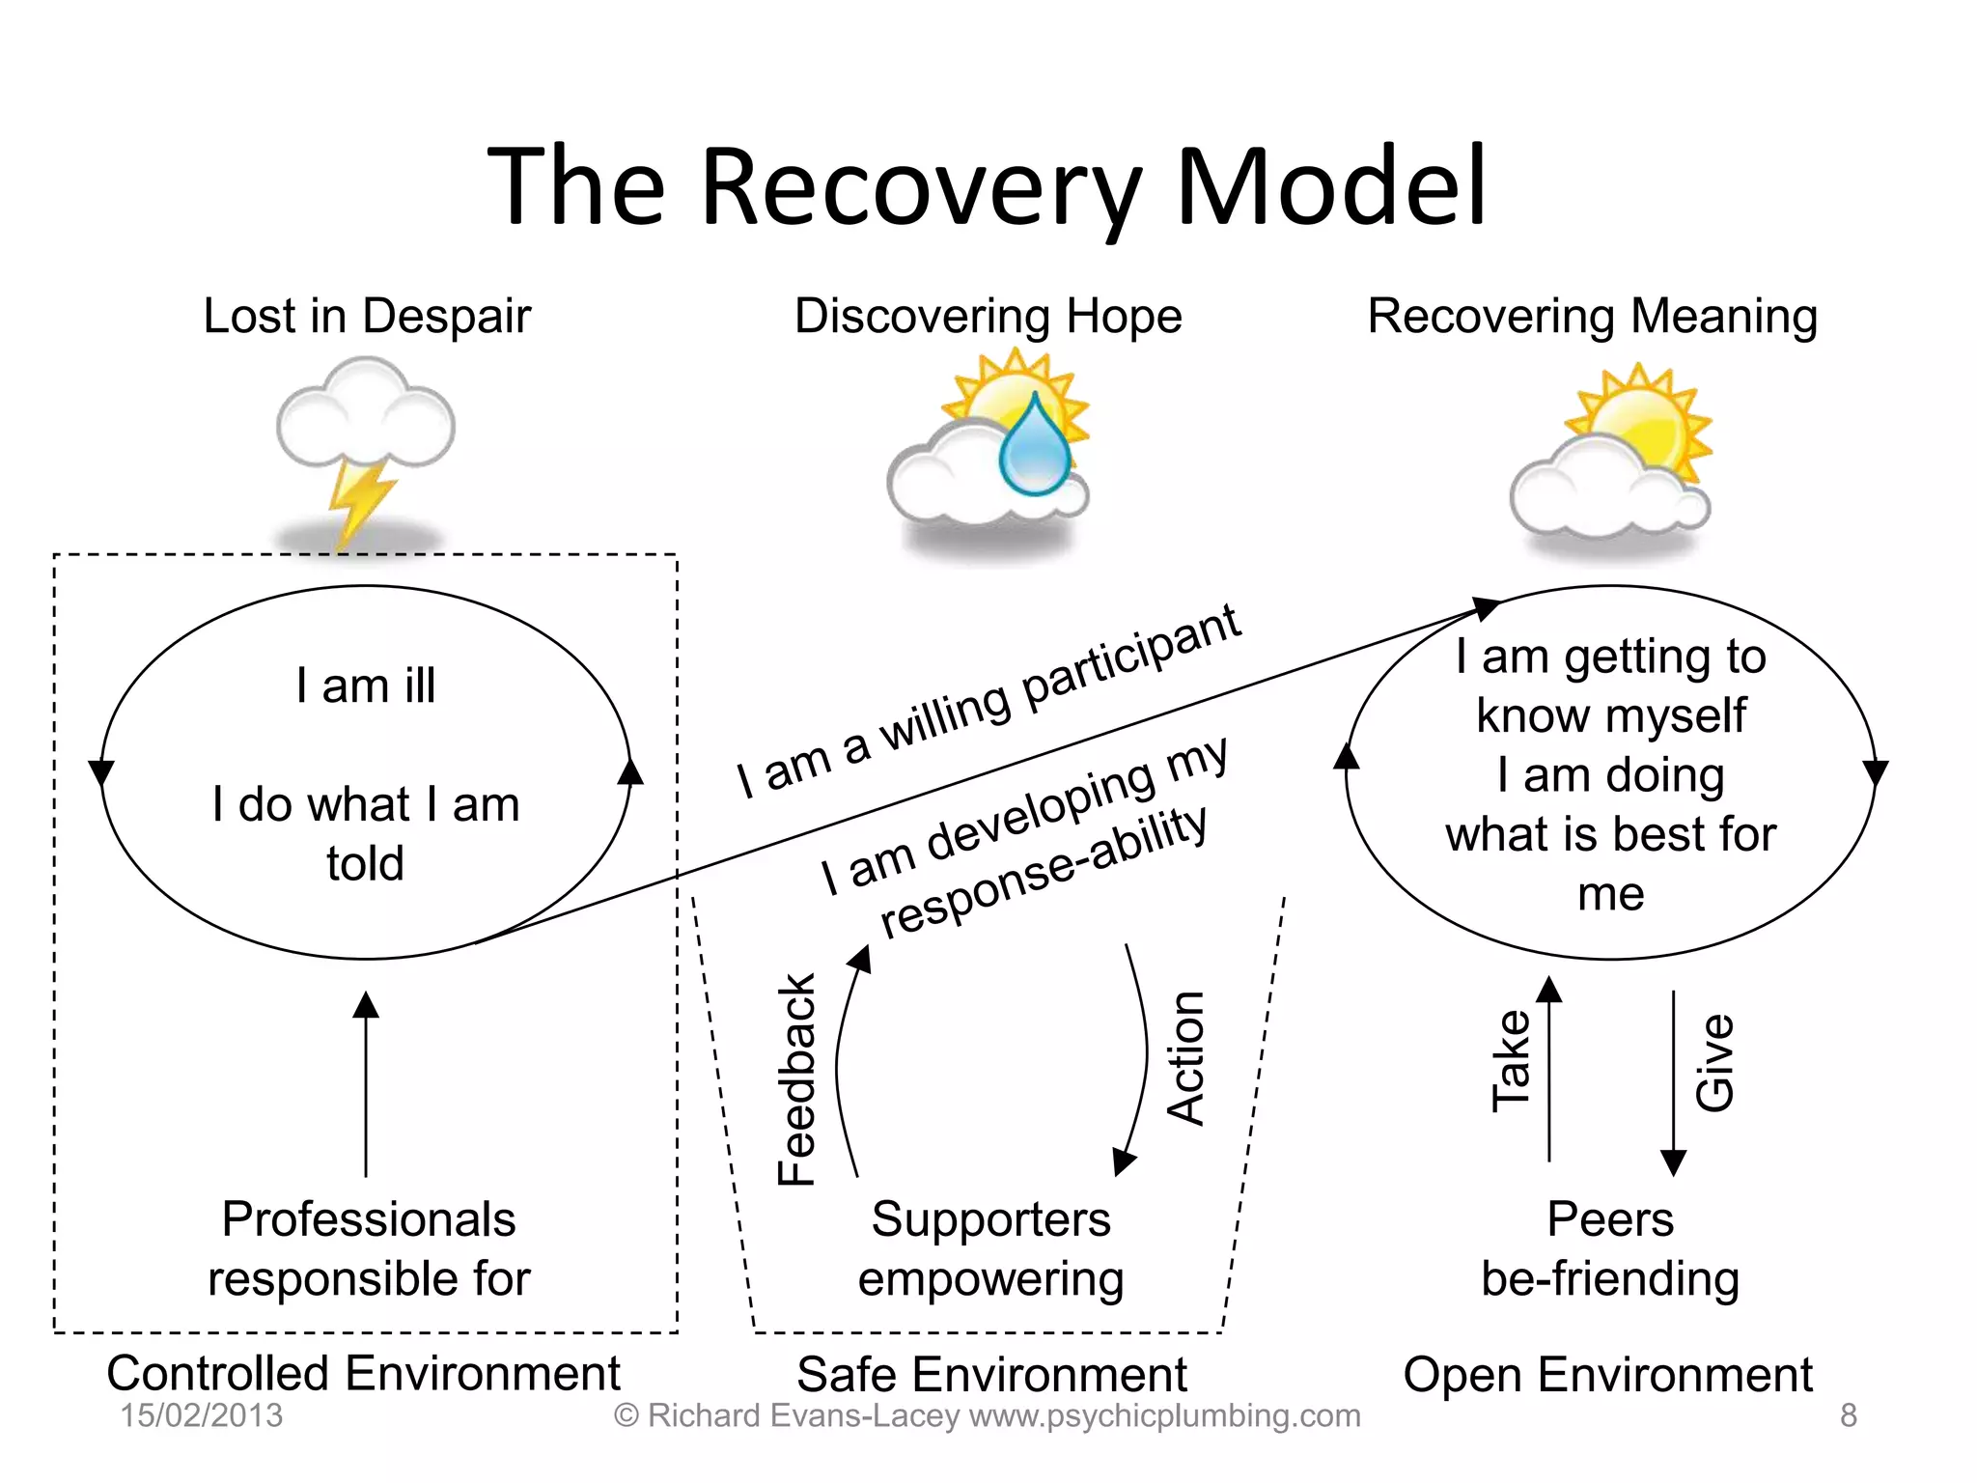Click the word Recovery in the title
point(922,188)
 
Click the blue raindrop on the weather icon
point(1035,449)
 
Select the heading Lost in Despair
point(367,317)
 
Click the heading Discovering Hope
point(988,317)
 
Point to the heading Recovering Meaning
point(1592,317)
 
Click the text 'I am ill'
point(366,686)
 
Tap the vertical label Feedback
point(797,1078)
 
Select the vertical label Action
point(1186,1057)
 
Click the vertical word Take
point(1512,1060)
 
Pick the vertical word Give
point(1715,1062)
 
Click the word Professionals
point(369,1219)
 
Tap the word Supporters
point(990,1219)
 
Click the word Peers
point(1610,1219)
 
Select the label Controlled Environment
point(363,1373)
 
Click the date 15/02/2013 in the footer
point(201,1415)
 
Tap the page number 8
point(1848,1415)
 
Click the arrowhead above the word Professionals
point(366,1005)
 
